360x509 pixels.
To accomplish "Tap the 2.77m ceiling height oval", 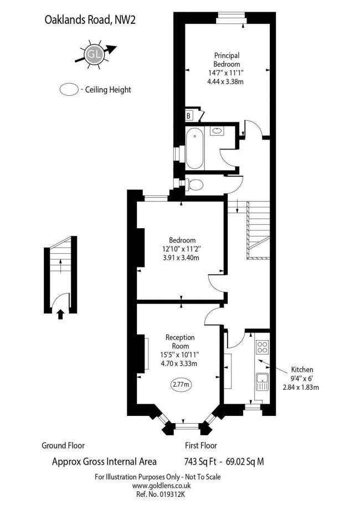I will coord(181,384).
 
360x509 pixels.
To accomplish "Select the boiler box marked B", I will coord(189,115).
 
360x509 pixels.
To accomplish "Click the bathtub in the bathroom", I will coord(194,148).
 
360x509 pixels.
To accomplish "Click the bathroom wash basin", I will coord(218,131).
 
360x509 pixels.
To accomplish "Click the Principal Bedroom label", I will coord(227,59).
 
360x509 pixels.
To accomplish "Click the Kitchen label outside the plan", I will coord(302,369).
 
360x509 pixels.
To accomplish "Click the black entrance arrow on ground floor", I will coord(60,315).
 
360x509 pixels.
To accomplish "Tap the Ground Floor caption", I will coord(63,445).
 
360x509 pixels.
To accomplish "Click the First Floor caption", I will coord(200,445).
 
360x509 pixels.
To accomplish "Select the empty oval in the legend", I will coord(69,89).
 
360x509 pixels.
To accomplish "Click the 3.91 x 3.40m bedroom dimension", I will coord(182,258).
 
